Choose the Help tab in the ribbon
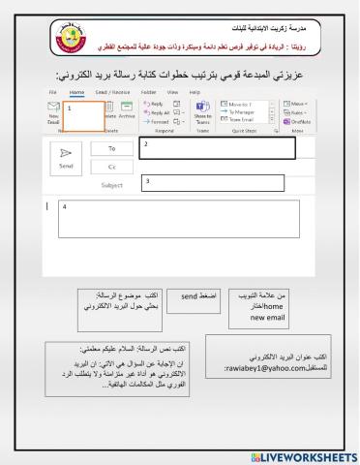[x=194, y=92]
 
